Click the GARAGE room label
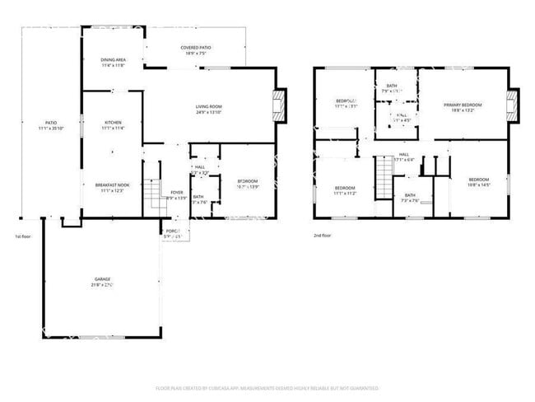(x=102, y=279)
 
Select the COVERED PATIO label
(x=196, y=48)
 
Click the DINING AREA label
(x=113, y=60)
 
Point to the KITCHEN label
(x=113, y=122)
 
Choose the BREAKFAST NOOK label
(x=112, y=185)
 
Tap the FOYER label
(x=176, y=192)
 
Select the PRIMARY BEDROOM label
(x=463, y=105)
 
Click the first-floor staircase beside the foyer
(x=151, y=194)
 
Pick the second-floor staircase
(x=384, y=173)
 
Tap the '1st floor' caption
(x=23, y=236)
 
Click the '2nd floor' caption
(x=322, y=236)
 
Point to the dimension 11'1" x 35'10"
(x=51, y=129)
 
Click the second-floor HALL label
(x=404, y=154)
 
